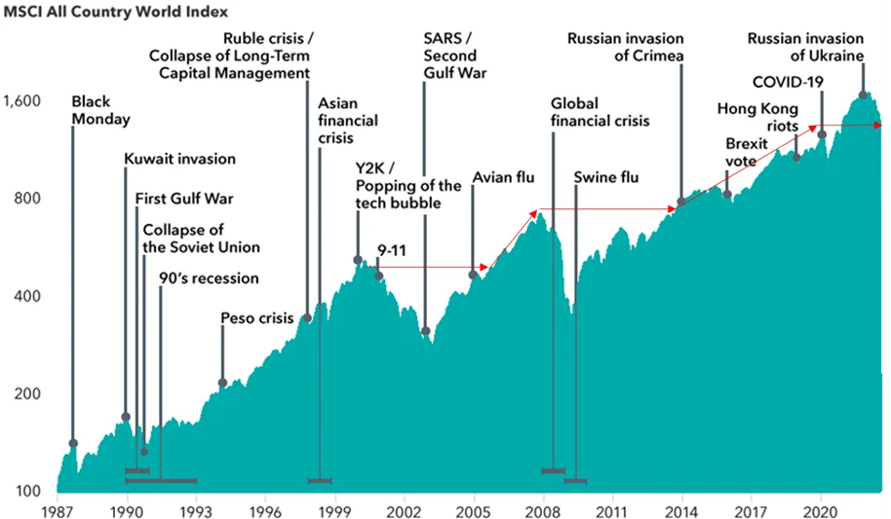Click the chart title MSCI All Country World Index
tap(116, 13)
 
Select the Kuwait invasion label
tap(179, 159)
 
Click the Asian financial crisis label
tap(348, 121)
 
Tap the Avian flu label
tap(504, 177)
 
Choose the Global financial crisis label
tap(600, 112)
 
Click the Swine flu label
tap(606, 177)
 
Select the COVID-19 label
tap(788, 81)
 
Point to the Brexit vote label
tap(747, 152)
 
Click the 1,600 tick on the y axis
tap(24, 100)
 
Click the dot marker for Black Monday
tap(73, 443)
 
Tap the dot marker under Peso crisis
tap(222, 383)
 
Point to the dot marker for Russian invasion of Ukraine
tap(863, 95)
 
